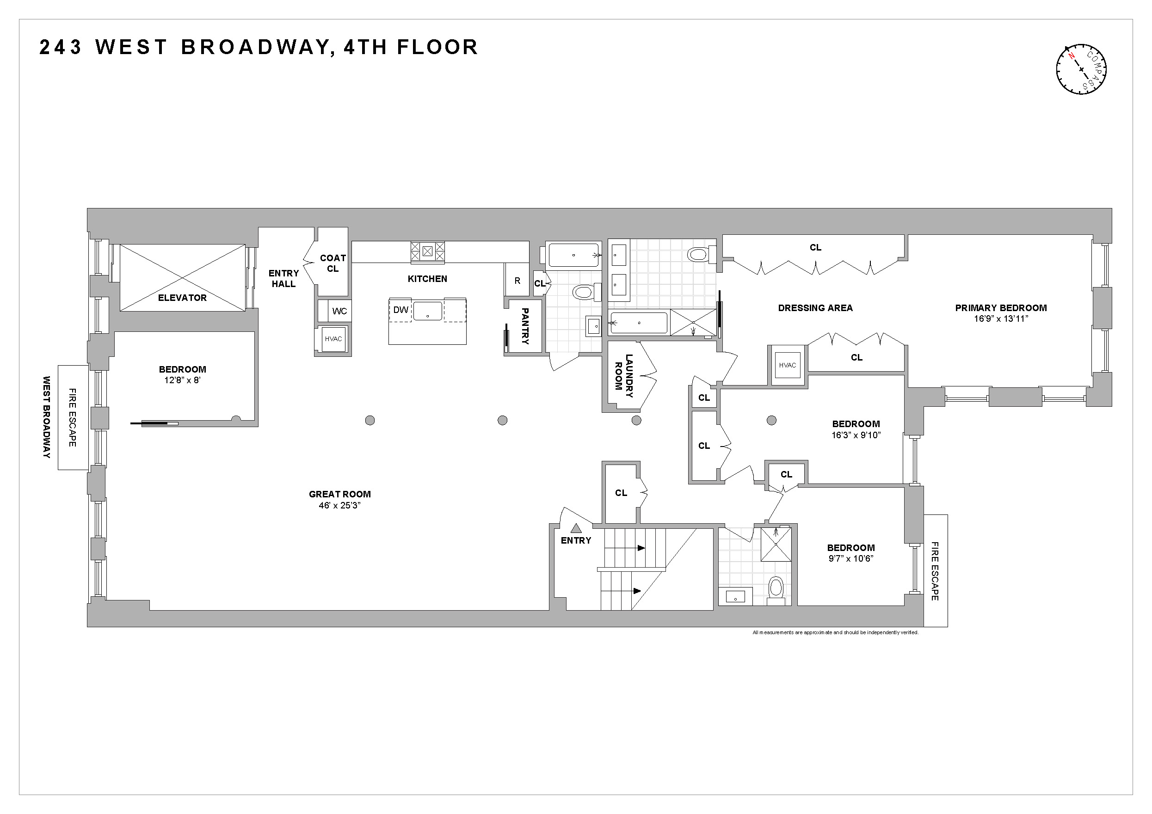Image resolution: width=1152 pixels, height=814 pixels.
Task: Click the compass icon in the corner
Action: pos(1081,69)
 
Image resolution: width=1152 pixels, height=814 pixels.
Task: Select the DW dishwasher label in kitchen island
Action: pos(400,310)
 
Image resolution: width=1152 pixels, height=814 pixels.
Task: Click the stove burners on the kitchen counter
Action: pos(427,252)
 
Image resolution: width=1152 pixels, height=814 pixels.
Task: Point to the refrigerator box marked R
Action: pos(517,281)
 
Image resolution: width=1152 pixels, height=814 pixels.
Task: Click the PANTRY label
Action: pos(525,326)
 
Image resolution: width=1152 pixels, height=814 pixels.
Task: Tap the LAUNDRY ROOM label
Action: pos(624,376)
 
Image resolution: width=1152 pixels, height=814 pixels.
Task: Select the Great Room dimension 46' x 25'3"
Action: pos(339,506)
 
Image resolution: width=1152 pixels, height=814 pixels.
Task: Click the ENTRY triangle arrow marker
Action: pos(576,528)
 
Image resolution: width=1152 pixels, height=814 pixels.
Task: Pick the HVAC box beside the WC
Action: pos(333,339)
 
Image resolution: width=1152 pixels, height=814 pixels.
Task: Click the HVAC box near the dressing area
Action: pos(787,365)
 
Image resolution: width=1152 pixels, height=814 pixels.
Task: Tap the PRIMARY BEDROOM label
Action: pos(1000,308)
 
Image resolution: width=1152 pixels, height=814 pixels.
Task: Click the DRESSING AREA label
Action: pos(815,308)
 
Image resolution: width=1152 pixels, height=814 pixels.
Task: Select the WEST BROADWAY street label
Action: pos(47,417)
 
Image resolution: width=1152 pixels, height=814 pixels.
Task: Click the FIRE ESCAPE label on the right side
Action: pos(935,571)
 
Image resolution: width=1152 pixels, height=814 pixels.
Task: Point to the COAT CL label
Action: pos(333,263)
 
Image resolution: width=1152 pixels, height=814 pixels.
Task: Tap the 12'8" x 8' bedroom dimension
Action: pos(182,380)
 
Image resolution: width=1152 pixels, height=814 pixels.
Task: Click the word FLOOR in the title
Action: pos(437,47)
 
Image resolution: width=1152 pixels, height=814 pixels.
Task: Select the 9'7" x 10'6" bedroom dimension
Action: pos(851,559)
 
